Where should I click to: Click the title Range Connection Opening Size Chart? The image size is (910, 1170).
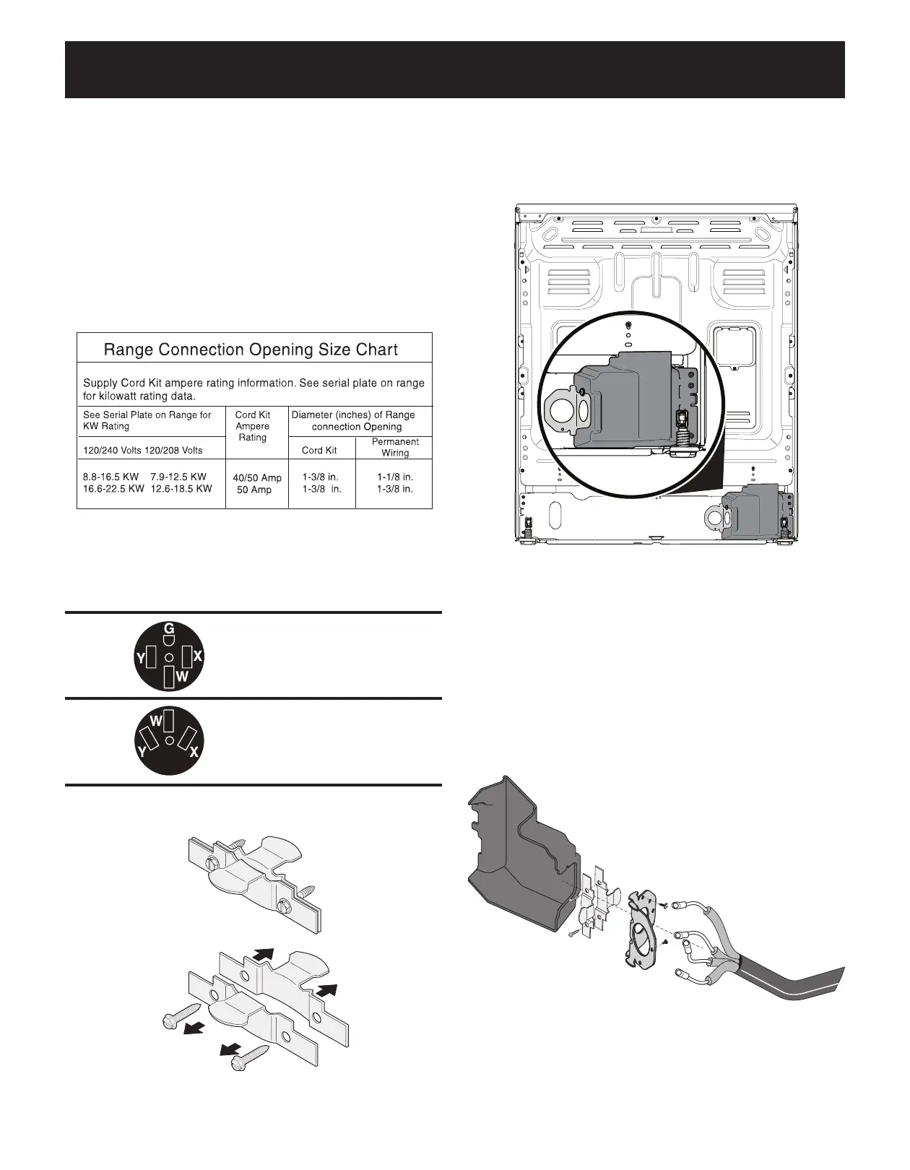(251, 350)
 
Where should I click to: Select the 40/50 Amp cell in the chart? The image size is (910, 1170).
(257, 478)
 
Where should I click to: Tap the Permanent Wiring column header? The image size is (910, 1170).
(395, 447)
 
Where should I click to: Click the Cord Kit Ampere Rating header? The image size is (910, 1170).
(253, 426)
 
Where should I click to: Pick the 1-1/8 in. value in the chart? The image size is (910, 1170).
(395, 477)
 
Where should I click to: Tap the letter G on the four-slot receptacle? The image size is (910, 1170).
(169, 628)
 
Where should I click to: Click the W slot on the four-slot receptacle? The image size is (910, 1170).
(168, 677)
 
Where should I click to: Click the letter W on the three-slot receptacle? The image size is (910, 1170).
(155, 721)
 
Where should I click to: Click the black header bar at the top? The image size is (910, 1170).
(455, 69)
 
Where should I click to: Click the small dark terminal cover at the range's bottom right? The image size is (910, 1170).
(751, 513)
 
